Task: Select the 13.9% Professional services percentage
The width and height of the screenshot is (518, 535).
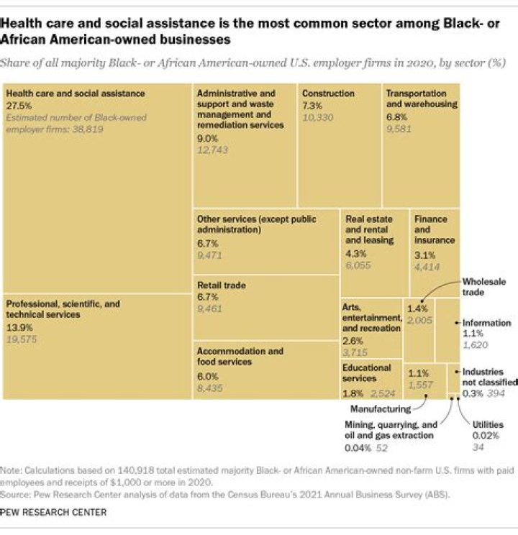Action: pyautogui.click(x=19, y=326)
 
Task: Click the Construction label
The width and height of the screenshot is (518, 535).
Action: pyautogui.click(x=328, y=93)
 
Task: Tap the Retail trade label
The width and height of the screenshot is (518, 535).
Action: pyautogui.click(x=222, y=285)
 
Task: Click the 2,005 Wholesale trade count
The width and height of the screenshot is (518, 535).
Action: pyautogui.click(x=419, y=320)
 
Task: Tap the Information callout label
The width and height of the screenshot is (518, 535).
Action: pyautogui.click(x=486, y=323)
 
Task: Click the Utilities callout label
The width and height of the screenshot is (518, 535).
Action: pyautogui.click(x=487, y=424)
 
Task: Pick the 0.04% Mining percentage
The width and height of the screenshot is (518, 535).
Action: pyautogui.click(x=358, y=447)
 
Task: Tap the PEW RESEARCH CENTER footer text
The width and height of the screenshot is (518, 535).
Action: pyautogui.click(x=54, y=512)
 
